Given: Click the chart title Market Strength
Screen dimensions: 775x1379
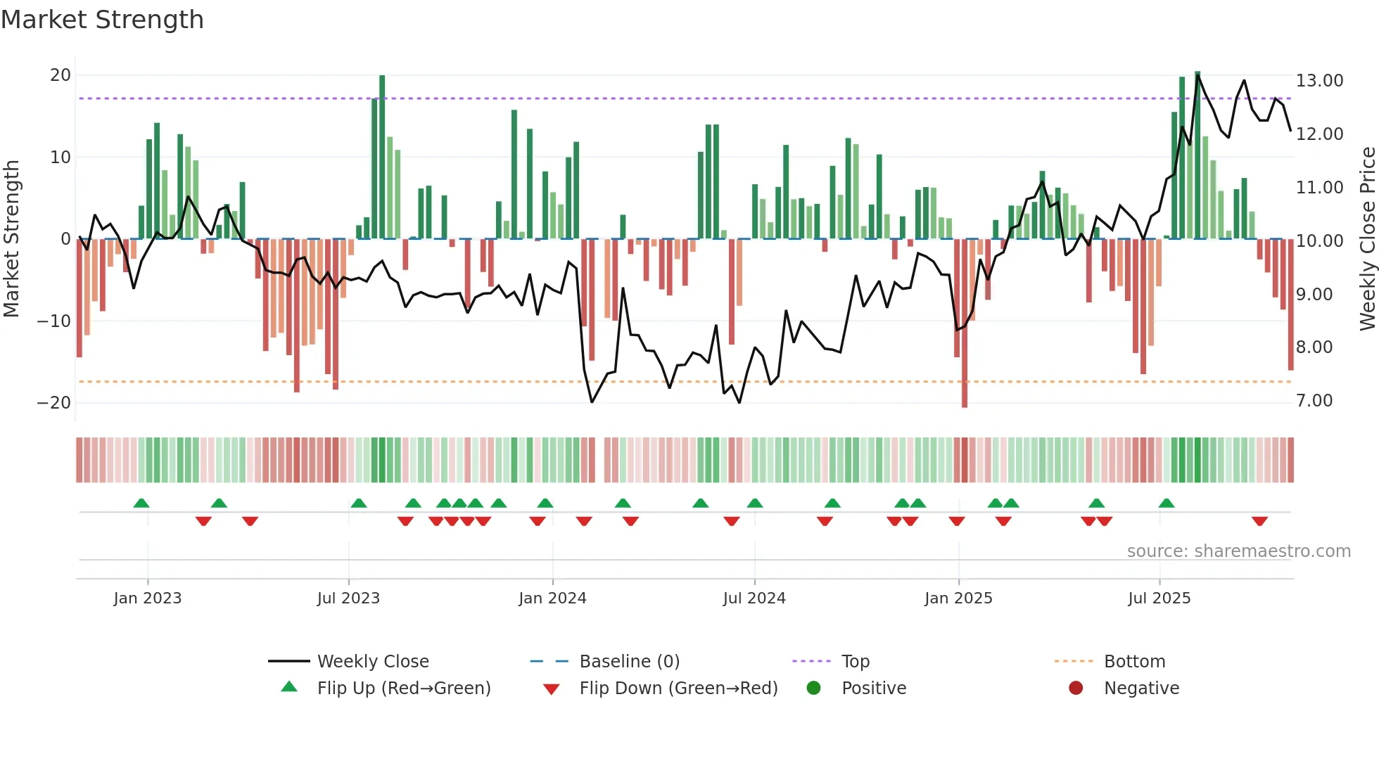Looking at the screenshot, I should click(x=102, y=20).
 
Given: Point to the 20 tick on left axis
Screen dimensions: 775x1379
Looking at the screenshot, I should click(x=61, y=75).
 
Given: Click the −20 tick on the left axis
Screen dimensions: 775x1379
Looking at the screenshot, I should click(x=54, y=403).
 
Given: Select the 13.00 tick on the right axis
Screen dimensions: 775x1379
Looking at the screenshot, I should click(x=1319, y=81).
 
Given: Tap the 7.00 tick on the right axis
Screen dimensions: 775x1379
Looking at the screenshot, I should click(x=1314, y=401).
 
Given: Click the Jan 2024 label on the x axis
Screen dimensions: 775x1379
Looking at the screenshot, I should click(x=552, y=598).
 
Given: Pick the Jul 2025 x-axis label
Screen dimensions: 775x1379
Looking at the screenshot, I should click(x=1159, y=598).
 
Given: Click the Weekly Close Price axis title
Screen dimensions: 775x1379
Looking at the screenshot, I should click(x=1367, y=238).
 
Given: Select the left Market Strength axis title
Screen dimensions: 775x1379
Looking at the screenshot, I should click(x=11, y=238).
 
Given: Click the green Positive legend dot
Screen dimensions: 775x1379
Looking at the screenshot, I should click(x=814, y=688).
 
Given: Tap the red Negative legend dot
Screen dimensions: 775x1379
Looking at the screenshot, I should click(x=1076, y=688).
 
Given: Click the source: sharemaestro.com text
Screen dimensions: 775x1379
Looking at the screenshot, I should click(x=1238, y=551).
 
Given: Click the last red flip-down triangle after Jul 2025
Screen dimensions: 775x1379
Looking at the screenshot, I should click(x=1259, y=521).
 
